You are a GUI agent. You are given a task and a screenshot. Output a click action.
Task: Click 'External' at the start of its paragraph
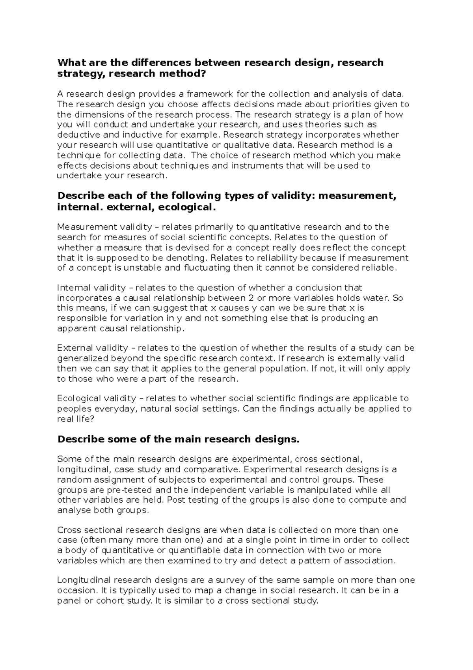click(x=73, y=348)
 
